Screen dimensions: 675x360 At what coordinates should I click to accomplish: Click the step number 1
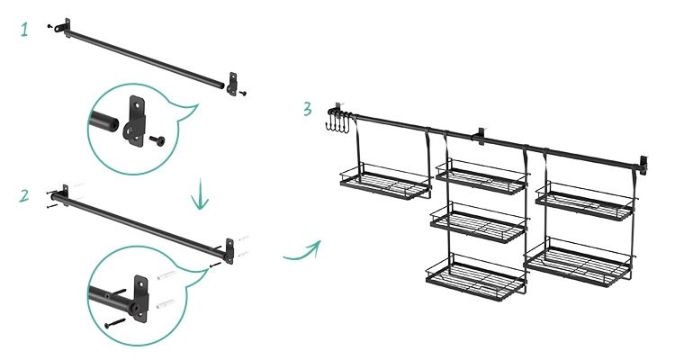24,30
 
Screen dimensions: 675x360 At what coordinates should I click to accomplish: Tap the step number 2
24,195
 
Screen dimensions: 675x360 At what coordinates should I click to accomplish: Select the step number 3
307,109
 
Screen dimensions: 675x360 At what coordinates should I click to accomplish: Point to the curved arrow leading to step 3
301,251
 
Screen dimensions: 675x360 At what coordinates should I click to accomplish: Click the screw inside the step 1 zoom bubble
157,140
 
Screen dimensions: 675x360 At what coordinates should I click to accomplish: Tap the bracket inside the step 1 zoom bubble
134,121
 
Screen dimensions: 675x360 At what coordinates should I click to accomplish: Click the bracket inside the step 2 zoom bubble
139,298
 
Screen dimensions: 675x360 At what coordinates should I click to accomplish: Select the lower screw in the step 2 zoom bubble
115,323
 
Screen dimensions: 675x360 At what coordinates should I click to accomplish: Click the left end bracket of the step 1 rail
63,28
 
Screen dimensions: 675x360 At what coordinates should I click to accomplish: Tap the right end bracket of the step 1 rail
232,84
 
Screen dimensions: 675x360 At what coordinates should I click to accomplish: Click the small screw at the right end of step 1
243,93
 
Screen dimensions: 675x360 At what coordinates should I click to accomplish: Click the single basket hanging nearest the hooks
385,181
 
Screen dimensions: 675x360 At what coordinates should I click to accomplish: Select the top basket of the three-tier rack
481,176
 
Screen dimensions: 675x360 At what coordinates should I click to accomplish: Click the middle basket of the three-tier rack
479,222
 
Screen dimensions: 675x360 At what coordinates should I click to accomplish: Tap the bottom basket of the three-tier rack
476,277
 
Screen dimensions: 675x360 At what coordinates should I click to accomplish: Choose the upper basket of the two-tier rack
586,202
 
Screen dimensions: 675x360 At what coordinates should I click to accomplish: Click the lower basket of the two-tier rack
579,262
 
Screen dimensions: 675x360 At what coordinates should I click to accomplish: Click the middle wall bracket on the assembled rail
479,136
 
